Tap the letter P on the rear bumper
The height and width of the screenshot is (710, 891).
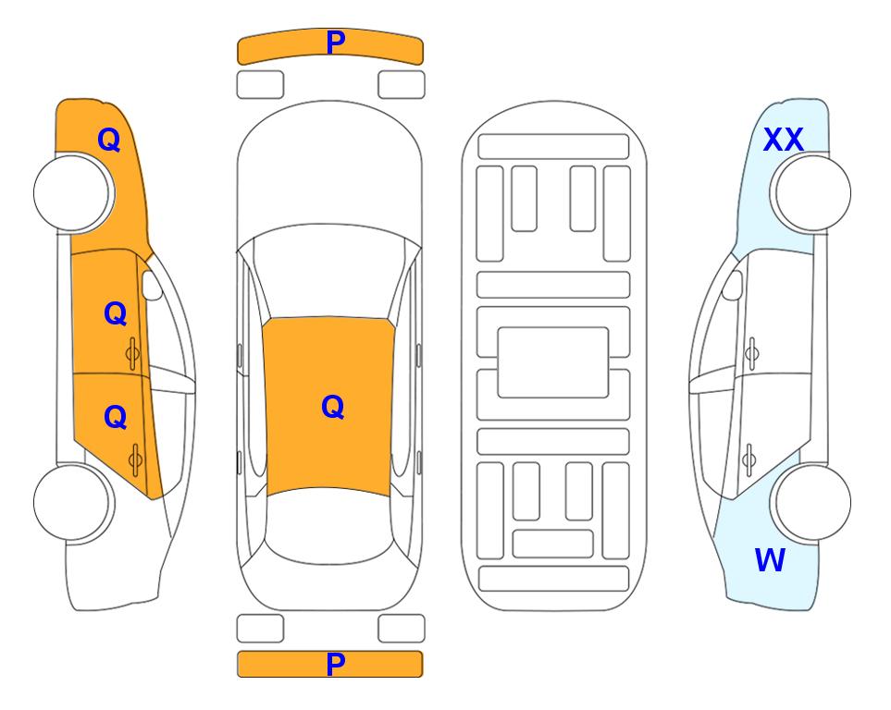tap(336, 664)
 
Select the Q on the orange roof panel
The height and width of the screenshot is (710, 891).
tap(333, 407)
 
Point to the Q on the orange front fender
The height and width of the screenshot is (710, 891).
tap(109, 140)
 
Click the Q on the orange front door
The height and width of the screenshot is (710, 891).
tap(116, 313)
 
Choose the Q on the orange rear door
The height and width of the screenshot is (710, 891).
tap(116, 418)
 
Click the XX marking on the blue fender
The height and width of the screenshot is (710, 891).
tap(784, 140)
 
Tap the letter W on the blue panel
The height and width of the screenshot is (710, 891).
tap(770, 559)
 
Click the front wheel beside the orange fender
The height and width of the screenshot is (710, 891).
tap(74, 193)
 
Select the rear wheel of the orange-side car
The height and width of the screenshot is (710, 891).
tap(74, 502)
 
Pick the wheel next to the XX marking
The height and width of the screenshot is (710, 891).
tap(811, 193)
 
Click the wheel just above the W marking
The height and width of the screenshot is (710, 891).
tap(811, 502)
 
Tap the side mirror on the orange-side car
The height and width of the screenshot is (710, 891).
tap(152, 285)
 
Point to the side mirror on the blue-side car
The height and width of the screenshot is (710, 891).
tap(732, 285)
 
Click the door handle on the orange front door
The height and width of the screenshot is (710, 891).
tap(132, 354)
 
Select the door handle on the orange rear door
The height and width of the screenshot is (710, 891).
tap(135, 459)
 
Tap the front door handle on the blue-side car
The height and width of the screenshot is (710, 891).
tap(751, 354)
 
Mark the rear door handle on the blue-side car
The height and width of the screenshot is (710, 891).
tap(749, 459)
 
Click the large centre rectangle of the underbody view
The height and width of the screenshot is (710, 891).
tap(553, 362)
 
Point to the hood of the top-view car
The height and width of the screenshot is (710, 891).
tap(329, 170)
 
